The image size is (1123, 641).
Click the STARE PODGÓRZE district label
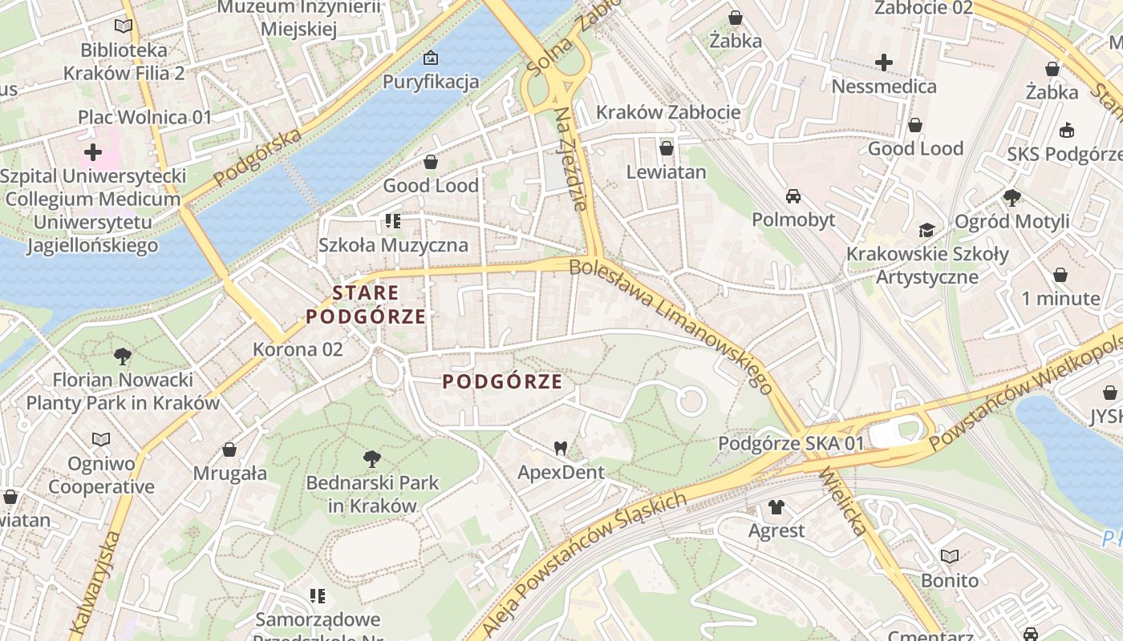tap(366, 304)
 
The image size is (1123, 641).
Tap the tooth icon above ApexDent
tap(561, 449)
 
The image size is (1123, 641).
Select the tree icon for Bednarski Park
tap(371, 459)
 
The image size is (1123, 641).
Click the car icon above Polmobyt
tap(793, 196)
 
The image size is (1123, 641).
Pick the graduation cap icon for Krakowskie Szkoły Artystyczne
tap(926, 231)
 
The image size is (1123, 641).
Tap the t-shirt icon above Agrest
tap(776, 506)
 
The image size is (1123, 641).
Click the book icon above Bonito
tap(950, 556)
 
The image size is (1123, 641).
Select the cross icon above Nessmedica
tap(884, 62)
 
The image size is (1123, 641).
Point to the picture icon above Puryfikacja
tap(431, 58)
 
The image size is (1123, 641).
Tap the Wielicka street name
tap(843, 502)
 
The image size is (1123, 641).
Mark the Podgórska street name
tap(257, 155)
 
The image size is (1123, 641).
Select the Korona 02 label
tap(298, 349)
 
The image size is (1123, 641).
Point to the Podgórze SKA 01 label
tap(791, 443)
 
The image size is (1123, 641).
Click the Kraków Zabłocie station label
tap(668, 112)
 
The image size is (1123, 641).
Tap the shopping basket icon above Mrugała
tap(229, 450)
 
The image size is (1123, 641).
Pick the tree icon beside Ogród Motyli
tap(1012, 196)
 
